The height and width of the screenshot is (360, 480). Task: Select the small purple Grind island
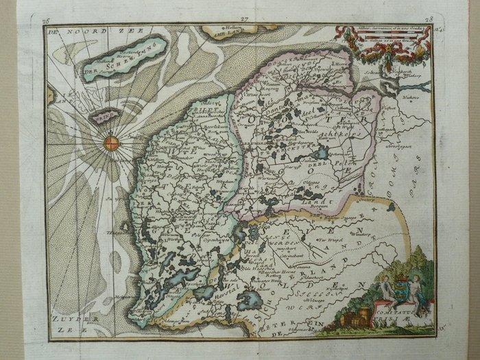point(103,118)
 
